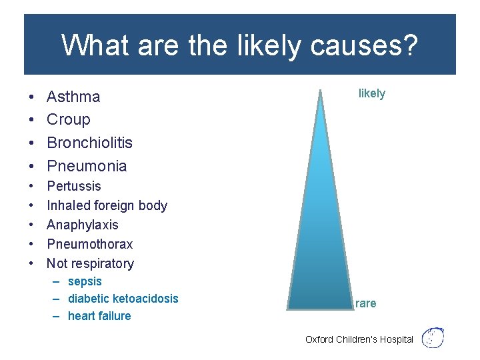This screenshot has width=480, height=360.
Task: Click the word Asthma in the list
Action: (73, 97)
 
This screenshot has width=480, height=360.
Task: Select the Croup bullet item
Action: (68, 119)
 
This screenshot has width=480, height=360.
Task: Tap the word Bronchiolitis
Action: (89, 143)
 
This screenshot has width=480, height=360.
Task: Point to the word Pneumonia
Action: (87, 166)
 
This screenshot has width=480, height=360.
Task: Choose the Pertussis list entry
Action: (74, 186)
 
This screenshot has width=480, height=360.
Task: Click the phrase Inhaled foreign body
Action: (107, 205)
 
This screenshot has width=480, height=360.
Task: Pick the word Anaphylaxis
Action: (82, 225)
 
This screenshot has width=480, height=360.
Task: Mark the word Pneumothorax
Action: (89, 244)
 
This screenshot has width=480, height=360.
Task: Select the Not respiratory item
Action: (90, 263)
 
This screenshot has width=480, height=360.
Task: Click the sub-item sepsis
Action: (85, 281)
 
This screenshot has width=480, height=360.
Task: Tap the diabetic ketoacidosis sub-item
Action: (123, 299)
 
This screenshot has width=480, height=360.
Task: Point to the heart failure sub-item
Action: (99, 316)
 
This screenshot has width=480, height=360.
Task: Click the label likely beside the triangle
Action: (371, 93)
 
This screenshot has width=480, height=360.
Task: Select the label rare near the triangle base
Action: (365, 303)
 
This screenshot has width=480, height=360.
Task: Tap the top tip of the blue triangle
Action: (321, 93)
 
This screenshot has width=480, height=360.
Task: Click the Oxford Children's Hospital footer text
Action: (359, 339)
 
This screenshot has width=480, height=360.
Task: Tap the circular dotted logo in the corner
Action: (433, 337)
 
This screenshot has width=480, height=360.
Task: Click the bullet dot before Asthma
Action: (32, 97)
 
